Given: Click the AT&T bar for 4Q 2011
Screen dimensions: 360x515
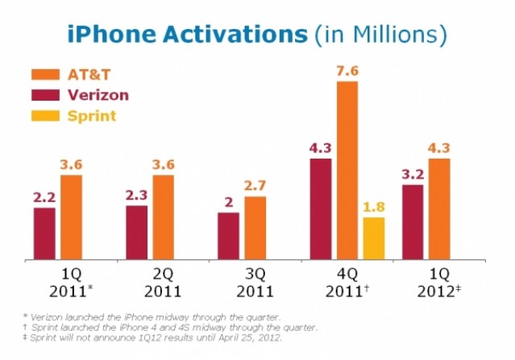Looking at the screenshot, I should click(x=347, y=170).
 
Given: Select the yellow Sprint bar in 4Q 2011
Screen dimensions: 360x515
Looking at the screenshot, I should click(x=374, y=238).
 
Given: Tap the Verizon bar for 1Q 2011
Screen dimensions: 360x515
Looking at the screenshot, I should click(x=44, y=234).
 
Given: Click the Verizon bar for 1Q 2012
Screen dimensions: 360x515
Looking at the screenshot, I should click(x=412, y=222).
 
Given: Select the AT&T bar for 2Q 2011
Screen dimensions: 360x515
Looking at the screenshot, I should click(x=163, y=217).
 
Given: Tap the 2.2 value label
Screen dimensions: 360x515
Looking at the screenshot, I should click(x=44, y=196).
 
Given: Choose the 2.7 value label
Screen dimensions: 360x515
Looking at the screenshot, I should click(x=255, y=184).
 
